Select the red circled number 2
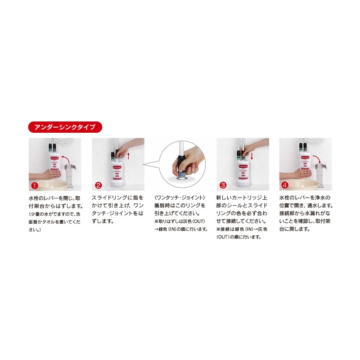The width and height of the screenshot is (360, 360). (x=98, y=185)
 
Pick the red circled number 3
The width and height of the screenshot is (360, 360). (x=222, y=185)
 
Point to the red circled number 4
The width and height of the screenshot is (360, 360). (x=285, y=185)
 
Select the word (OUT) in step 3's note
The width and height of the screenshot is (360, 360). (x=225, y=237)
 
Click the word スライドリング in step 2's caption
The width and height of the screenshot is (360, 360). (x=109, y=198)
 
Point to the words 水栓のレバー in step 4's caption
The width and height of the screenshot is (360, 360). (x=293, y=198)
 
